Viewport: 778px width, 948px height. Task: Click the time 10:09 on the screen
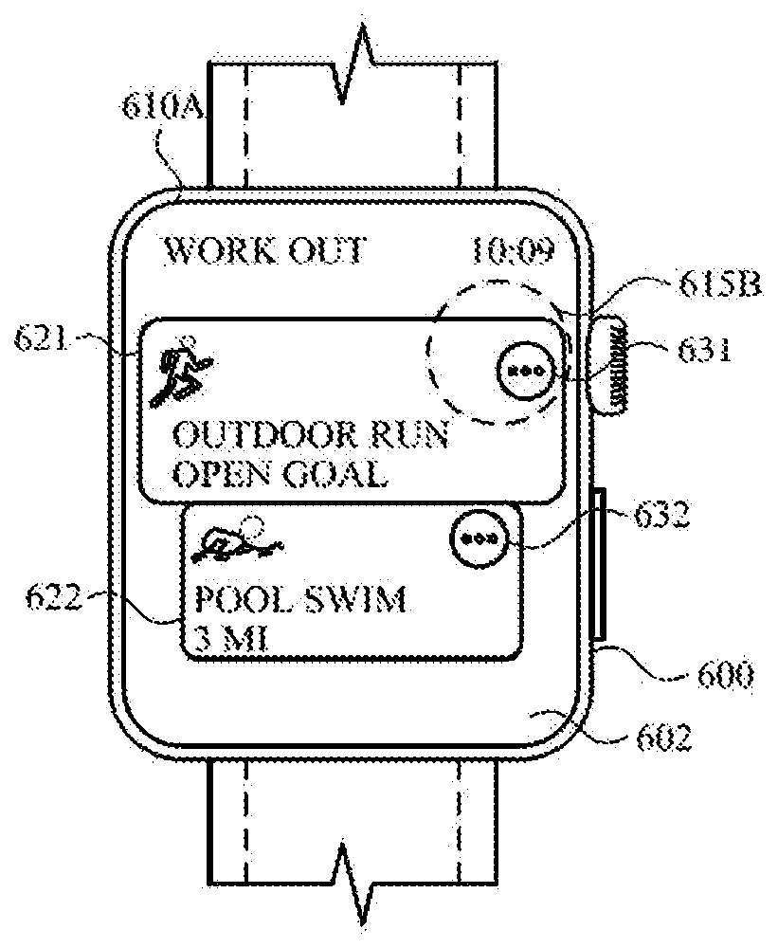(x=512, y=251)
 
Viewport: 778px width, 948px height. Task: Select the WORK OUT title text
(x=264, y=251)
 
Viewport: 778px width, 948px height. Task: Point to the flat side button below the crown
(x=600, y=564)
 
